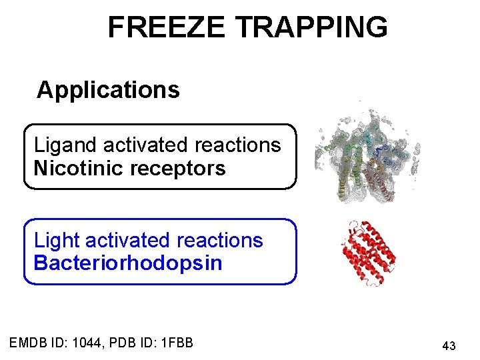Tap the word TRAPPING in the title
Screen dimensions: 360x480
point(311,28)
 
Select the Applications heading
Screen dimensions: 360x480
point(108,89)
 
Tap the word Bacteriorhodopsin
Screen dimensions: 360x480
point(128,263)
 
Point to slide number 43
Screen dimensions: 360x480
point(449,346)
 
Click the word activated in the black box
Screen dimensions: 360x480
point(145,145)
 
